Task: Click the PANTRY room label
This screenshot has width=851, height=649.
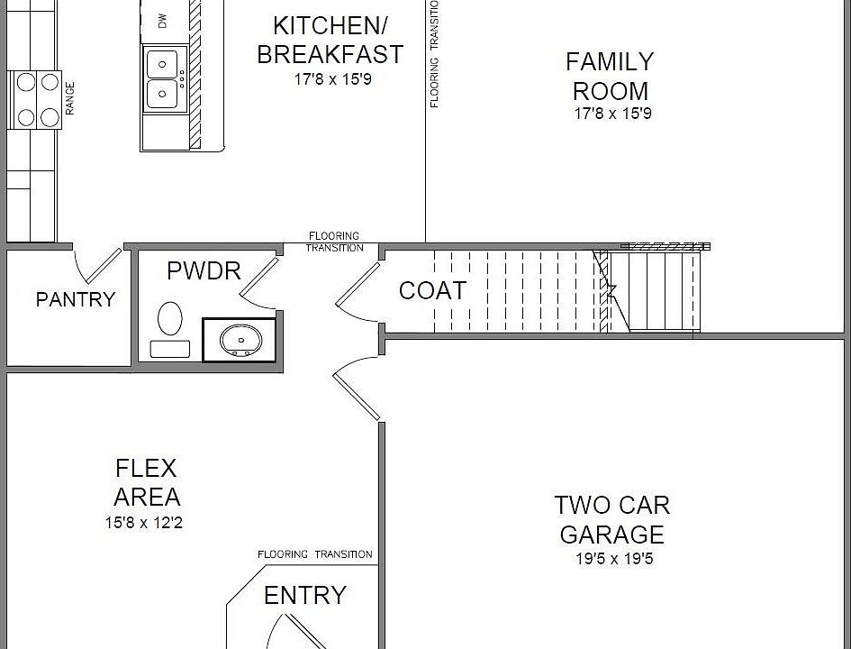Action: (x=76, y=299)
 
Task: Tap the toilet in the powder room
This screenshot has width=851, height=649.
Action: (x=170, y=330)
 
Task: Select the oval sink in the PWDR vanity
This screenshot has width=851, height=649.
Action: (x=240, y=340)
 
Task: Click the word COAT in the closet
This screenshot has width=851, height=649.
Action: (x=432, y=290)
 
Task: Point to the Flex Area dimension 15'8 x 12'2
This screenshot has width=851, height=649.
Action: (x=144, y=523)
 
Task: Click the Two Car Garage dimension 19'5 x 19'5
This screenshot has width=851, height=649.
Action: (x=614, y=558)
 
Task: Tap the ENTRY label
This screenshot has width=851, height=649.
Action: (x=305, y=595)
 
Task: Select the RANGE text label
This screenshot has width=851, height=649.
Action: (x=70, y=98)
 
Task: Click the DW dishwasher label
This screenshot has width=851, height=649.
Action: (x=162, y=21)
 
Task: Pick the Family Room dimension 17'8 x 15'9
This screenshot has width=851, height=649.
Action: (x=612, y=114)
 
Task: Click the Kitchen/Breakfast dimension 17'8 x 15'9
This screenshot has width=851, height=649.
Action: (x=332, y=79)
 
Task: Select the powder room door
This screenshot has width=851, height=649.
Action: (x=259, y=280)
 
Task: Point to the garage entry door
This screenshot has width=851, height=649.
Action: (x=357, y=388)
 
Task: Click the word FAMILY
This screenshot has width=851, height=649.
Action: (x=610, y=62)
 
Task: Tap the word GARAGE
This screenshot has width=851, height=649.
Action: (x=611, y=535)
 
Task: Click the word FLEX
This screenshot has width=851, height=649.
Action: (x=146, y=468)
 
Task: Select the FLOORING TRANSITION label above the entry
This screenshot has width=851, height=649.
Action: (x=315, y=554)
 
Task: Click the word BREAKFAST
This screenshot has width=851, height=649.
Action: (x=330, y=54)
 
